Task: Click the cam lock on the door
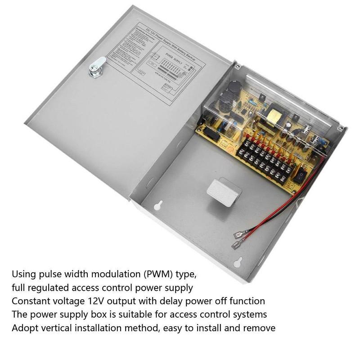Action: pos(97,67)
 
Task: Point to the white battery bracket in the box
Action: pos(223,192)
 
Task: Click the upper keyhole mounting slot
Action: pos(158,206)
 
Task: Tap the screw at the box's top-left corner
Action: pos(237,66)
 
